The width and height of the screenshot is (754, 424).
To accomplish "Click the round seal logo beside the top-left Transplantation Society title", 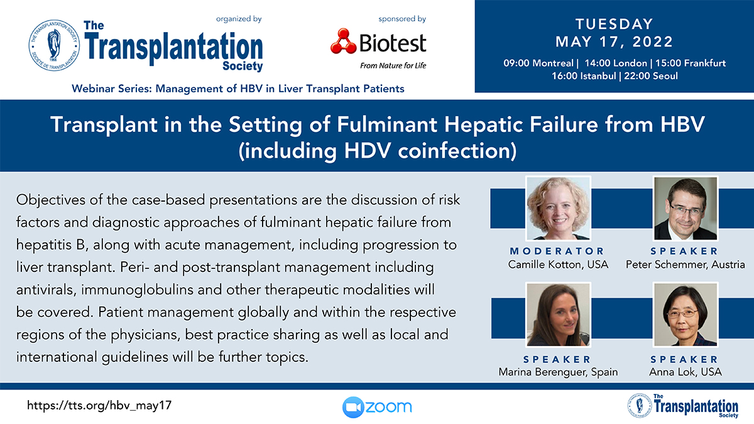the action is coord(54,45).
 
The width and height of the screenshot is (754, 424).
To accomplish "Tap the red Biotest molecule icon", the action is coord(343,41).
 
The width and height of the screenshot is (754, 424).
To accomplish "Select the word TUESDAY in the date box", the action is coord(615,24).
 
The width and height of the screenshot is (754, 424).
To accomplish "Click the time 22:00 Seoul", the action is coord(651,76).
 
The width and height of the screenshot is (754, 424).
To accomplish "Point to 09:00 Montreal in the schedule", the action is coord(538,63).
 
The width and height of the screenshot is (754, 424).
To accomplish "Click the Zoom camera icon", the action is coord(353,407).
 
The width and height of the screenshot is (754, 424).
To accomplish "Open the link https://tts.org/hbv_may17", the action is coord(99,406).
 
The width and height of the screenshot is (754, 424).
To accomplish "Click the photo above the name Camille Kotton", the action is coord(558,209).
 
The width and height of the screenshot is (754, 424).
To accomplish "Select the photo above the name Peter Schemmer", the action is coord(686,209).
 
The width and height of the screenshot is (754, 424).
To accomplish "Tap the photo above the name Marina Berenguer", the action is coord(558,315).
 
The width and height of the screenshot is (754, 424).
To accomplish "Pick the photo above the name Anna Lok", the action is coord(686,315).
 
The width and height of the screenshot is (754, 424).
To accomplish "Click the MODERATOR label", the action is coord(557,251).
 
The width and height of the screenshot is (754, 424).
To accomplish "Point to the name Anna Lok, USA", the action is coord(686,372).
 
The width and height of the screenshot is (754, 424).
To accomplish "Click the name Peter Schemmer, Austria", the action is coord(686,264).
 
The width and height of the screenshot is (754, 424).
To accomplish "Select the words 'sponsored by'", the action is coord(402,19).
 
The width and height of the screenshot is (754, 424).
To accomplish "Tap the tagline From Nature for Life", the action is coord(393,65).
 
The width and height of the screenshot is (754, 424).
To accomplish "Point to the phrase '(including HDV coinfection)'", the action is coord(378,151).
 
